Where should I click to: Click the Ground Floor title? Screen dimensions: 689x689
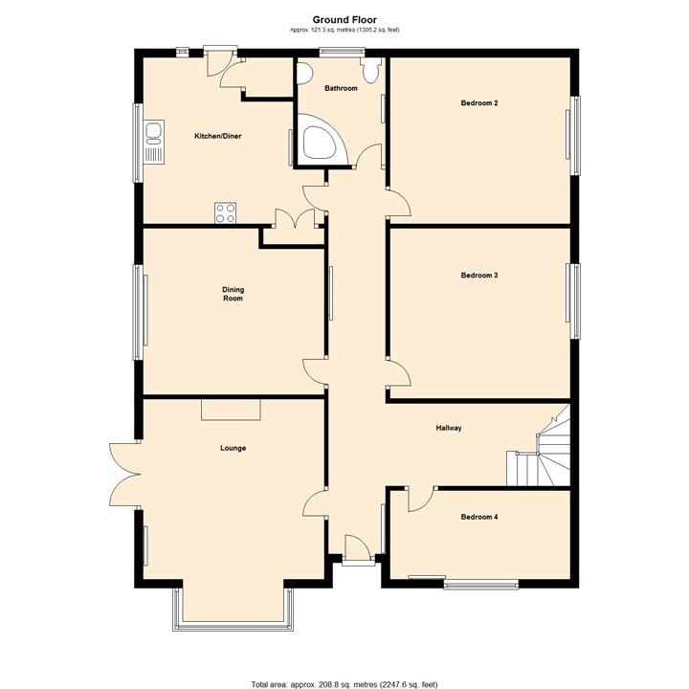[x=344, y=20]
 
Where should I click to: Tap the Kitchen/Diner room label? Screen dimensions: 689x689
[x=218, y=136]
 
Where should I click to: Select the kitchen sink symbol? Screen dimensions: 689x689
[x=154, y=143]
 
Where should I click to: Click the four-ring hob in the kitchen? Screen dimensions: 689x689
[x=226, y=213]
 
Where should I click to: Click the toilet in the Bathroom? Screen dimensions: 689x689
[x=370, y=70]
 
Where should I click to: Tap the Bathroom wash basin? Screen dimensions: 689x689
[x=303, y=74]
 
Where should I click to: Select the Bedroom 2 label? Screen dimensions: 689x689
[x=479, y=103]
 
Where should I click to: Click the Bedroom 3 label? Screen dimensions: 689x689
[x=479, y=276]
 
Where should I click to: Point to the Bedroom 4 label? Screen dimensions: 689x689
[x=479, y=517]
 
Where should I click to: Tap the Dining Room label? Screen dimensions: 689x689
[x=233, y=294]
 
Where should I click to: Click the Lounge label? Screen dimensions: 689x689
[x=233, y=448]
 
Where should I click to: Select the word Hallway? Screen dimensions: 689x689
[x=449, y=428]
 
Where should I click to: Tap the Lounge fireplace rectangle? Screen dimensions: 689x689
[x=232, y=410]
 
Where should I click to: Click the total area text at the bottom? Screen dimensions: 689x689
[x=344, y=684]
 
